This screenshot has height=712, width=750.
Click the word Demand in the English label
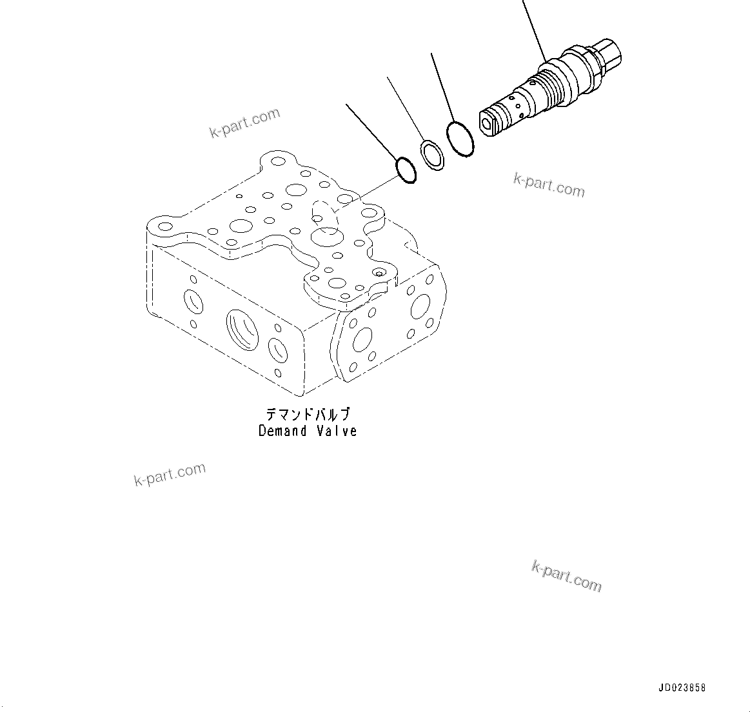282,431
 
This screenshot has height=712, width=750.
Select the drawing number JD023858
682,687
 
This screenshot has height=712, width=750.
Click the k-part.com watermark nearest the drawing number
567,575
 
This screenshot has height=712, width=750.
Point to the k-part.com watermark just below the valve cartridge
549,184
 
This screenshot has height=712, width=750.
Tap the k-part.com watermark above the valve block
245,123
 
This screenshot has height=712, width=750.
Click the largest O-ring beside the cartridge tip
460,139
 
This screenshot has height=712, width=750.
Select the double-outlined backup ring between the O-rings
433,155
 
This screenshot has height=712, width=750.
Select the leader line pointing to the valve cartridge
534,29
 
